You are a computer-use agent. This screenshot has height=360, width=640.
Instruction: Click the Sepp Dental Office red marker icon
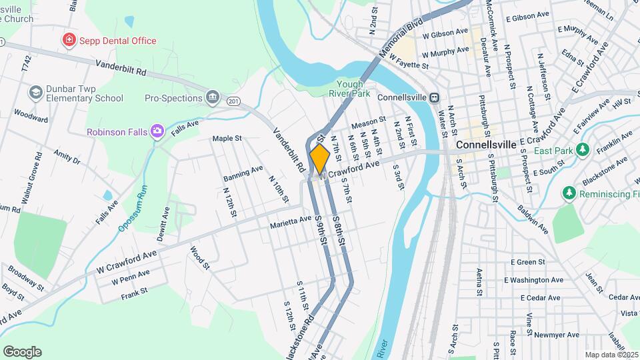[x=68, y=41]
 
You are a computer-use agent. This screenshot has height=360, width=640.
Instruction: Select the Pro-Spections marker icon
[x=213, y=98]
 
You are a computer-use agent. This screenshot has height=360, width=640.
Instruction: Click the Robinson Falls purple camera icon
[x=157, y=131]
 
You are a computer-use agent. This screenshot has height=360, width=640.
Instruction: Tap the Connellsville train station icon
[x=434, y=97]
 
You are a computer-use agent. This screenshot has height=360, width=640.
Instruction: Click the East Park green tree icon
[x=583, y=149]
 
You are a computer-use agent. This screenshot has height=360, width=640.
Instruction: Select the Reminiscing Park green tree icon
[x=569, y=193]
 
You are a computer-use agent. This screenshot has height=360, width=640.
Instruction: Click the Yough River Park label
[x=353, y=89]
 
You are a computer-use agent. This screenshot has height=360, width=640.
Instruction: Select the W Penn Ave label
[x=131, y=277]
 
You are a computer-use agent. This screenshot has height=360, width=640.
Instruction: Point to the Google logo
[x=22, y=351]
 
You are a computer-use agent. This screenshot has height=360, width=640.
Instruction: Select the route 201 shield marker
[x=232, y=101]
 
